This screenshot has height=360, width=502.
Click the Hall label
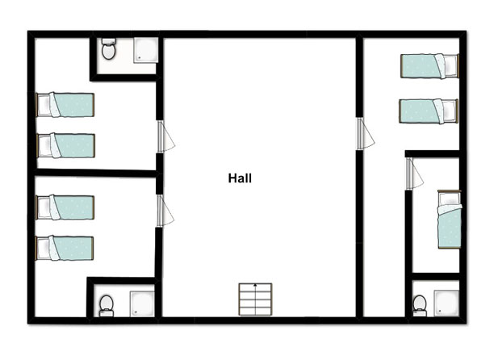[x=240, y=178]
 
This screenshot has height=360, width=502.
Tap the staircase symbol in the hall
[x=255, y=299]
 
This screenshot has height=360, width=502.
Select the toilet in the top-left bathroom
[x=108, y=49]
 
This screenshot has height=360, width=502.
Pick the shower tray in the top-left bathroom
[x=145, y=50]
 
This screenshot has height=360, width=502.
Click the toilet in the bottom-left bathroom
[x=107, y=306]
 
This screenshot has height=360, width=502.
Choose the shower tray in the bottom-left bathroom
[x=142, y=304]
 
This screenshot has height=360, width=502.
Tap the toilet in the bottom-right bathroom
[x=420, y=306]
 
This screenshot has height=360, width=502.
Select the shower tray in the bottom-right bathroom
[x=446, y=303]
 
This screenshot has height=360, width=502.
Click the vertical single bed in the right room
[x=450, y=220]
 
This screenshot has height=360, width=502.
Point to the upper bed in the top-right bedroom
[x=429, y=66]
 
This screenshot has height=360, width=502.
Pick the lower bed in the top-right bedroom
[x=429, y=111]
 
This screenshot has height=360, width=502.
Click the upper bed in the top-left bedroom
[x=65, y=105]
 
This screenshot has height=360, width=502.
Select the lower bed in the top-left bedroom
[x=66, y=146]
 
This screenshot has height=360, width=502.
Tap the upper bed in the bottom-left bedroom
[x=65, y=207]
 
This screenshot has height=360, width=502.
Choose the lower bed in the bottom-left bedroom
[x=65, y=249]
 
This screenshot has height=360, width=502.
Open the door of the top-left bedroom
[x=165, y=136]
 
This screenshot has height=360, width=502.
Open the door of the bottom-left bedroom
[x=165, y=211]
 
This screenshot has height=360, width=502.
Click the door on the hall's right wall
[x=365, y=133]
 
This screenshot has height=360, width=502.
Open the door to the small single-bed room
[x=414, y=174]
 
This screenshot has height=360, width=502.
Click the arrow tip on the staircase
[x=255, y=284]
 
